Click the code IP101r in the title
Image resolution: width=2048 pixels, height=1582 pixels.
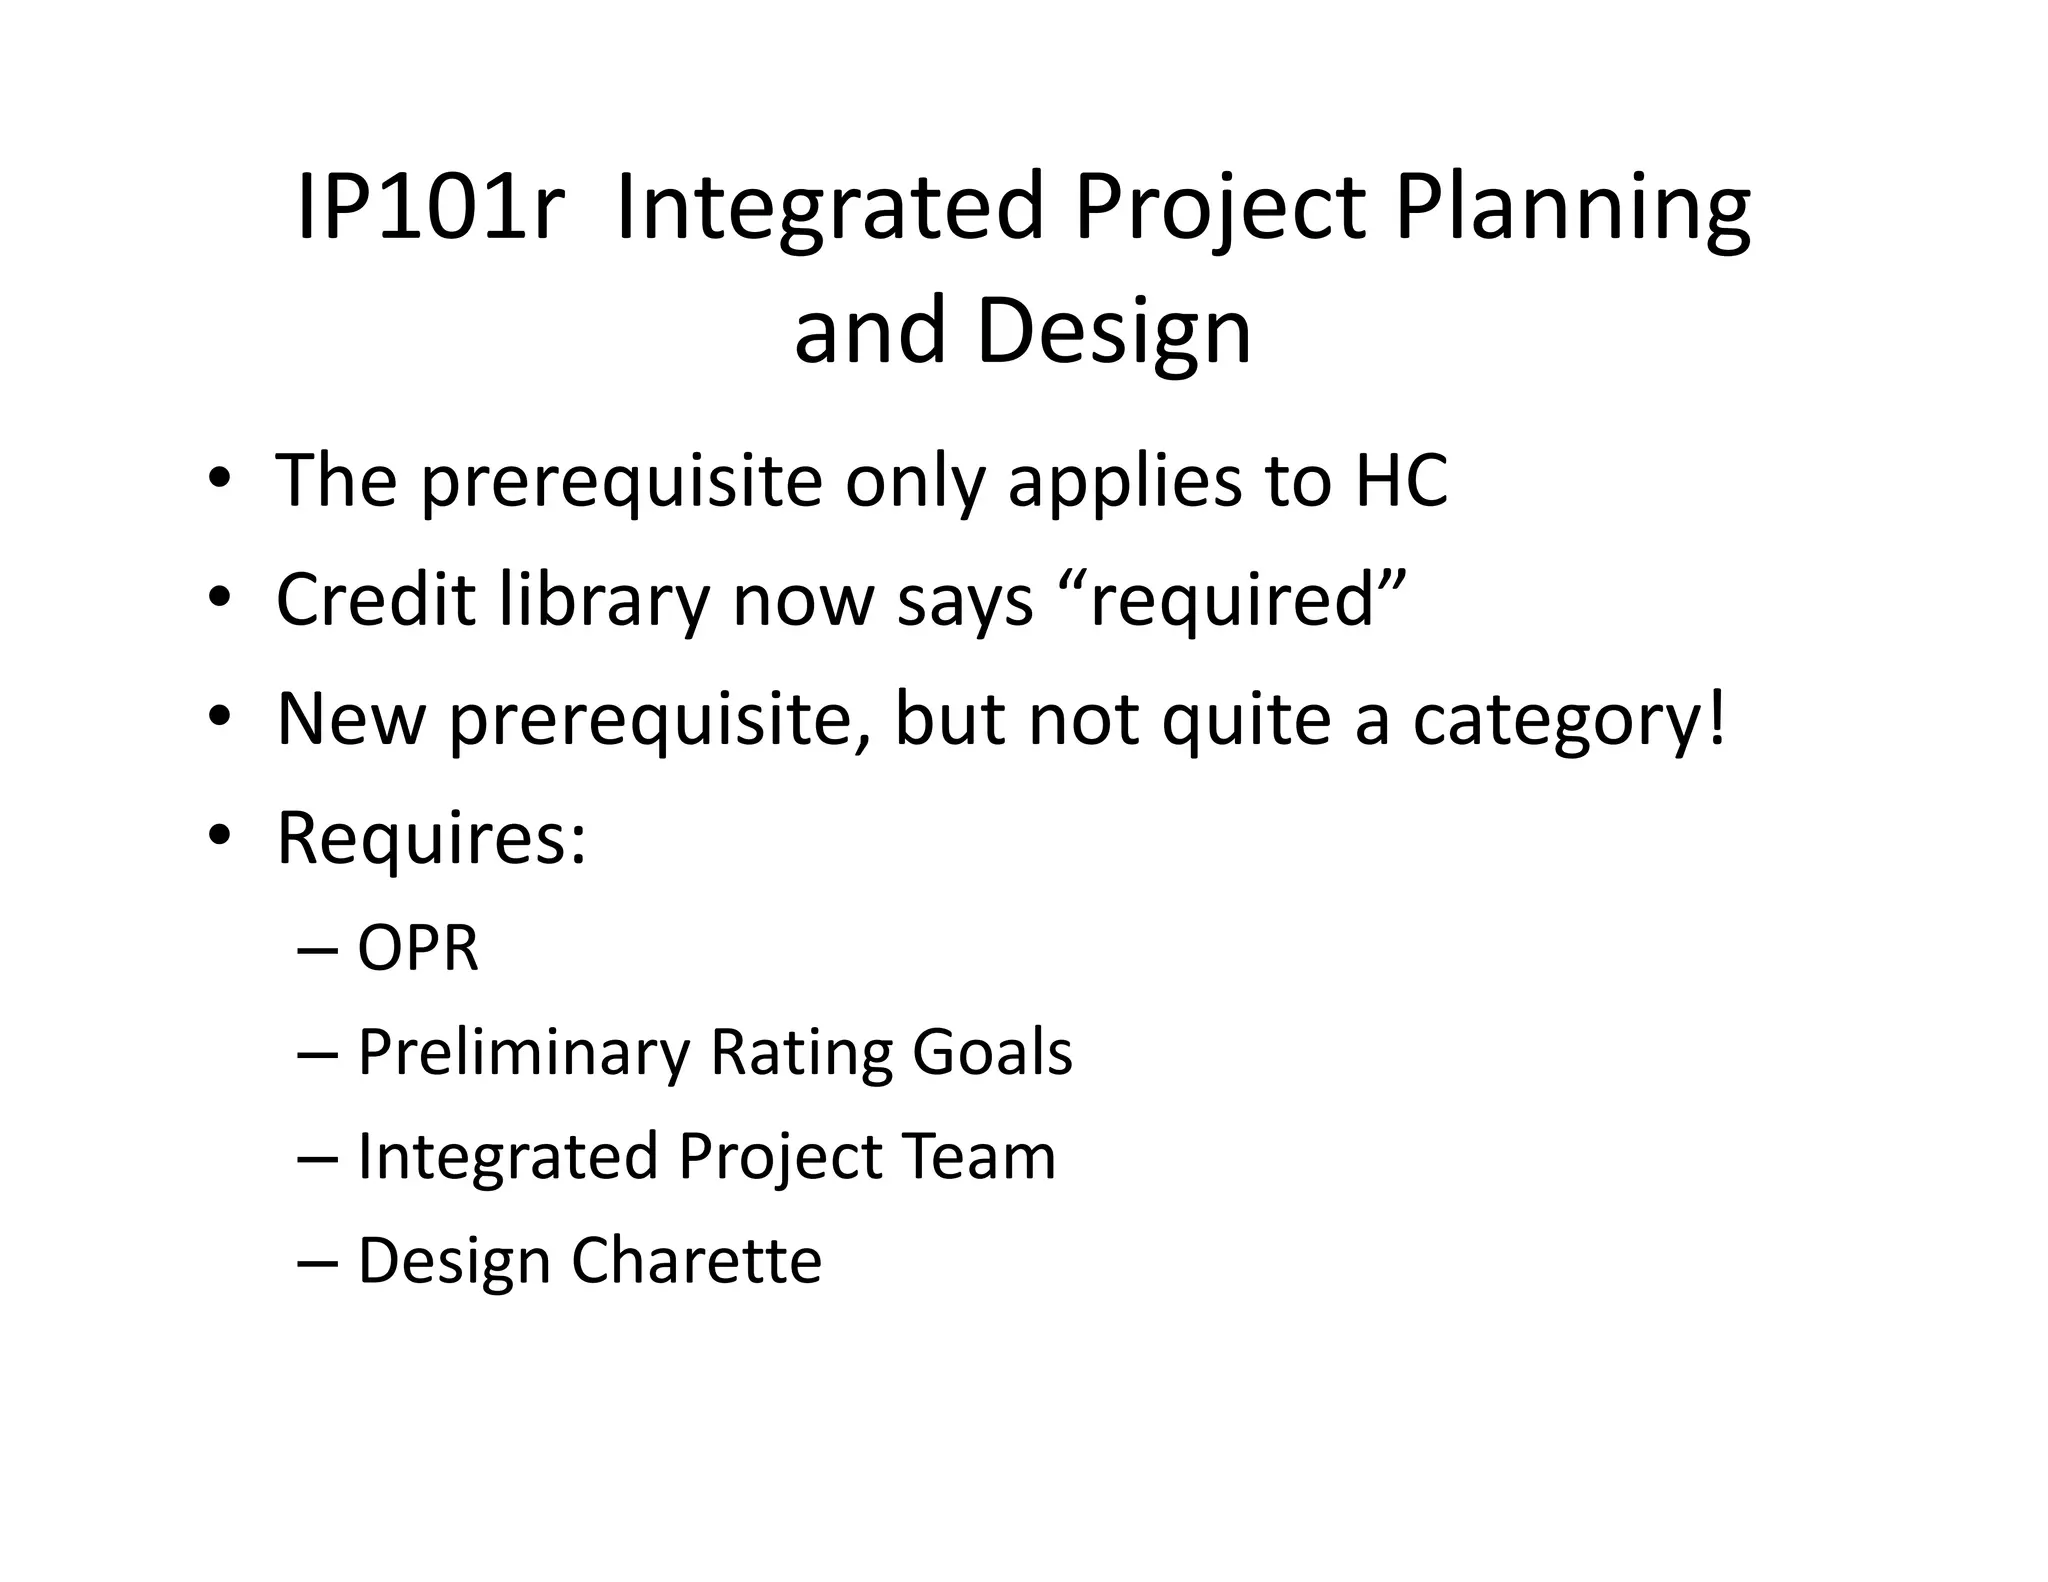[x=429, y=208]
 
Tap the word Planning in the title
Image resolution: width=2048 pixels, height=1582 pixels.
[x=1571, y=208]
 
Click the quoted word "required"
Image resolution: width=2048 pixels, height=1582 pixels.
[x=1232, y=599]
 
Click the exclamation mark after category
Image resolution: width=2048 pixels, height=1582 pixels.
[x=1716, y=715]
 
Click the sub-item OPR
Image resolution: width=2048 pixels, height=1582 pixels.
[x=418, y=947]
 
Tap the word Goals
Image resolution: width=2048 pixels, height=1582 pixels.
[x=992, y=1051]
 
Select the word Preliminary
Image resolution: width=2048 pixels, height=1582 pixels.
[x=523, y=1051]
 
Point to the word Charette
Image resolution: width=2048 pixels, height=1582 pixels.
[x=696, y=1259]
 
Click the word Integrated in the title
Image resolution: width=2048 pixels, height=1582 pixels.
[x=830, y=208]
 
